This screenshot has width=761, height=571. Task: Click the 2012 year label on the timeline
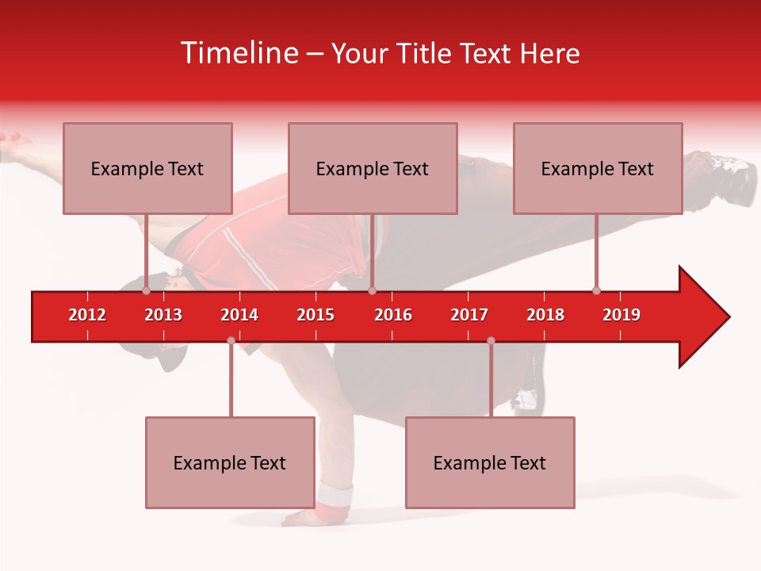87,315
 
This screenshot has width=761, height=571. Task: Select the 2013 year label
163,315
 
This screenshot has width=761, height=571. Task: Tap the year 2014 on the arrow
239,315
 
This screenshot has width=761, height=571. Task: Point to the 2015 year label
315,315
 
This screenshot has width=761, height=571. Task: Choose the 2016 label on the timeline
393,315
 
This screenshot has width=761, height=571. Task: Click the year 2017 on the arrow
469,315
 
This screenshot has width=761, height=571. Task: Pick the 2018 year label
545,315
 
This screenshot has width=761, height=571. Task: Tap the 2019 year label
621,315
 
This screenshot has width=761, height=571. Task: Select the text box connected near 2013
147,168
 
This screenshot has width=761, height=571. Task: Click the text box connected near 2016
373,168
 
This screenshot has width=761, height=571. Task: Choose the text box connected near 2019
598,168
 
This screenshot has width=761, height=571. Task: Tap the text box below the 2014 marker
230,462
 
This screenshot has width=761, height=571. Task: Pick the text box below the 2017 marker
490,462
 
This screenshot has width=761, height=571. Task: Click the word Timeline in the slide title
238,53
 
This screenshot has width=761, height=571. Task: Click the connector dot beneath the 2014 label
231,340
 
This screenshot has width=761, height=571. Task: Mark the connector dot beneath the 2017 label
491,340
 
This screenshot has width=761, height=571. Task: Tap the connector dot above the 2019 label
596,290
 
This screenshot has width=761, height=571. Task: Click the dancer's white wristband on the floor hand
335,497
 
